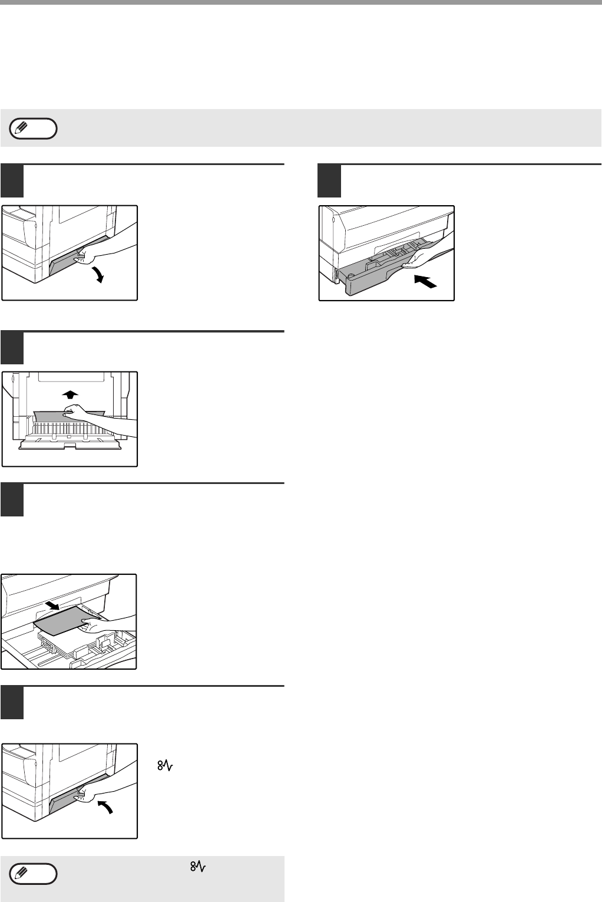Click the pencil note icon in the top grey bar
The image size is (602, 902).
pos(34,128)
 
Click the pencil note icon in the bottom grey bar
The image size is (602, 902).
pos(34,874)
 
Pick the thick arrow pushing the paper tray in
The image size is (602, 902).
pos(425,282)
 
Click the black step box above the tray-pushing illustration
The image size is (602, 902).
pos(329,181)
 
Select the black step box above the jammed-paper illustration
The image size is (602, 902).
pos(12,348)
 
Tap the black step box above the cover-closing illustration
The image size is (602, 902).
pos(12,702)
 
